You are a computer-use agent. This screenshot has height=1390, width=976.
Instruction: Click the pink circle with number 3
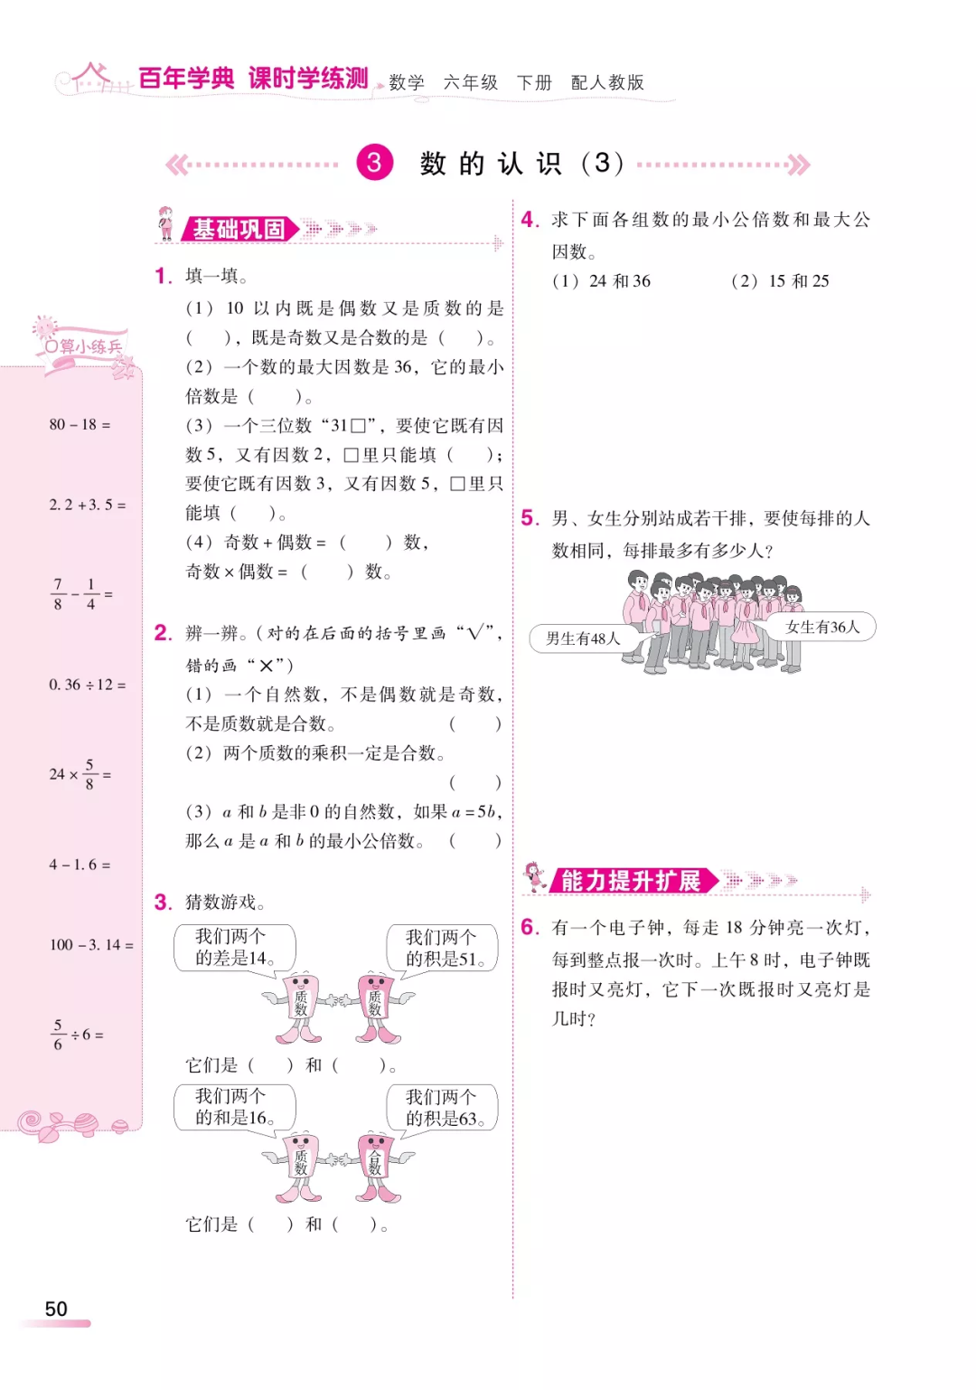click(x=374, y=163)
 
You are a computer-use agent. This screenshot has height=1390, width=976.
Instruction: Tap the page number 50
click(x=56, y=1309)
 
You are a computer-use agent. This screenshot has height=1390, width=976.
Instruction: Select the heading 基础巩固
click(x=239, y=230)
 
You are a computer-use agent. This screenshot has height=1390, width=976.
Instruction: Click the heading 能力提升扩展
click(x=630, y=881)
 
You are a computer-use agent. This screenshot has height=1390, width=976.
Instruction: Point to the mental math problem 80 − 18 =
click(x=80, y=424)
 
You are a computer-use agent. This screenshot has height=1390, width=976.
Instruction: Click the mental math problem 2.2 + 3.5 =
click(x=87, y=505)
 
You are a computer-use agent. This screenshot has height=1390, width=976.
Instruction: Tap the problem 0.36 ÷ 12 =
click(x=87, y=685)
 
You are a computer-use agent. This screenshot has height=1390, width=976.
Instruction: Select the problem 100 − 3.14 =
click(x=90, y=945)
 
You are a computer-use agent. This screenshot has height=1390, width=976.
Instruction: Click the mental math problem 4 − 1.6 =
click(x=80, y=865)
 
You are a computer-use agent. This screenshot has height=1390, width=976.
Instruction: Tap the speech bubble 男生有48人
click(x=583, y=638)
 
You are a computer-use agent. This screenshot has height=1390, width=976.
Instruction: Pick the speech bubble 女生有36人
click(x=822, y=627)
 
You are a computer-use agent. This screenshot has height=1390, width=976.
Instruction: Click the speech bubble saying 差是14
click(x=233, y=947)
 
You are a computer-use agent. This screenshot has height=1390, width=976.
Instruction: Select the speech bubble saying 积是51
click(x=443, y=948)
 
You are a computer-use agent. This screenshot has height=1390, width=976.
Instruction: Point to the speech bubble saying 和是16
click(x=233, y=1107)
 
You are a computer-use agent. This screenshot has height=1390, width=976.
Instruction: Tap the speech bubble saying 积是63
click(x=443, y=1108)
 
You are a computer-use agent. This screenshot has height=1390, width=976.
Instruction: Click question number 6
click(x=529, y=927)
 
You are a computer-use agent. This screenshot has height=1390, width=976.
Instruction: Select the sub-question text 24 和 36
click(x=620, y=281)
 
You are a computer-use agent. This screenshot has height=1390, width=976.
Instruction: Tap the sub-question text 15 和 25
click(x=799, y=281)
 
